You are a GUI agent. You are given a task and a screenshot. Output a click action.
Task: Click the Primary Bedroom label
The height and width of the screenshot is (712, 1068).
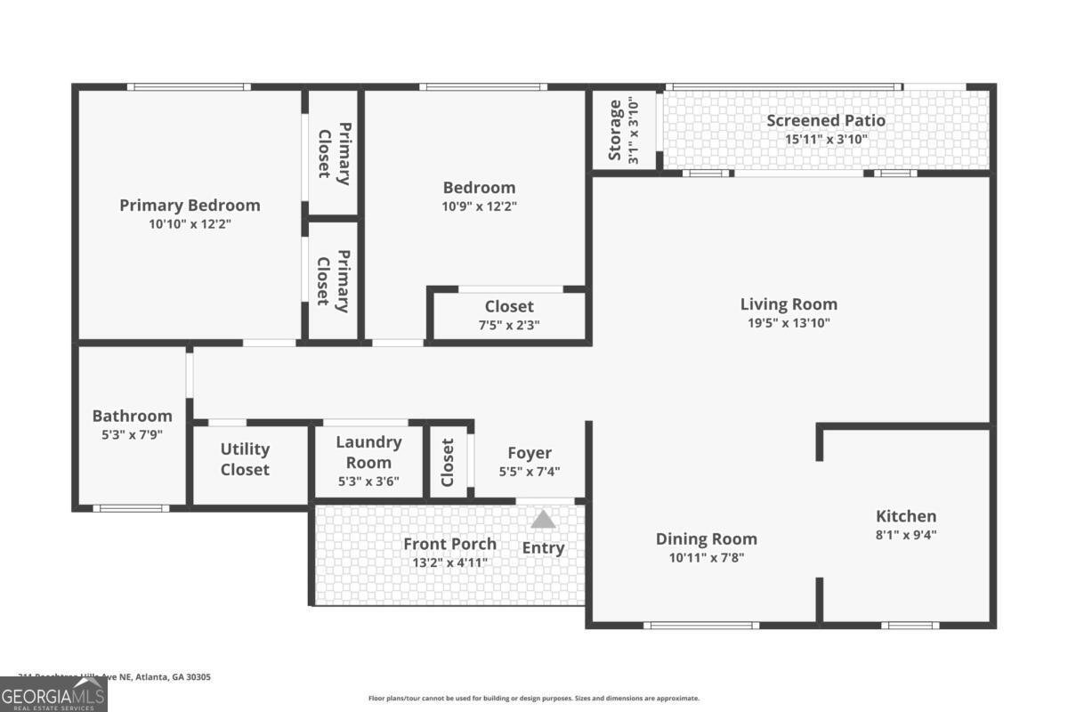coord(190,206)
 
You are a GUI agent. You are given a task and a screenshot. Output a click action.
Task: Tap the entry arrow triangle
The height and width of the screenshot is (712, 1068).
coord(543,519)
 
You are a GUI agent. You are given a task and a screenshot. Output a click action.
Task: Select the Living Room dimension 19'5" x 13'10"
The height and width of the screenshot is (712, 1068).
coord(789,323)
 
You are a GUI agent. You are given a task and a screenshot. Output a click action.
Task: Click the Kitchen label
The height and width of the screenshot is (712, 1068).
coord(906,516)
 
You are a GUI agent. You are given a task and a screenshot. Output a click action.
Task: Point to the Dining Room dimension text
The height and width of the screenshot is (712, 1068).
coord(706,558)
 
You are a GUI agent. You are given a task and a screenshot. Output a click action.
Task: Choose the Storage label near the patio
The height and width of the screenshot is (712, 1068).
coord(615,131)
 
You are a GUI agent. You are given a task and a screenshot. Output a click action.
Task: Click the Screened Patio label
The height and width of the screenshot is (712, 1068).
coord(826,120)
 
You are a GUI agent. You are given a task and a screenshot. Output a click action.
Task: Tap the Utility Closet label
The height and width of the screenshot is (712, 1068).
coord(245,459)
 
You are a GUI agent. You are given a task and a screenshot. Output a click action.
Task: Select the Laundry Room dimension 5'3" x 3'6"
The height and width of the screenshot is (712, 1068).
coord(368,481)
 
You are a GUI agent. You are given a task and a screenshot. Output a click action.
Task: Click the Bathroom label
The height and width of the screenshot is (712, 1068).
coord(132,416)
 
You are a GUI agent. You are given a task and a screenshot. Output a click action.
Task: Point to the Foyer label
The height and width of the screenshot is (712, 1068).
coord(530,453)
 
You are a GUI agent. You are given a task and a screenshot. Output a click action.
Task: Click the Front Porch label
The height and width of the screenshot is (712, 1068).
coord(449,544)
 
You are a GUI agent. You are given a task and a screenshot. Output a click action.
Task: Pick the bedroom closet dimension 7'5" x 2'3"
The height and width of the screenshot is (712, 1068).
coord(509,325)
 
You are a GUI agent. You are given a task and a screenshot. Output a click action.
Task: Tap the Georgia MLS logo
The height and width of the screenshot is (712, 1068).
coord(53,694)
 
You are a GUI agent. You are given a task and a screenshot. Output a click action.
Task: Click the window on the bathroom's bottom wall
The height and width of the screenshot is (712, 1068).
coord(131,508)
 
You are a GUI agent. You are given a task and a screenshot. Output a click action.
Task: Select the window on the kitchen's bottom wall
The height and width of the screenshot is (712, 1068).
coord(910,625)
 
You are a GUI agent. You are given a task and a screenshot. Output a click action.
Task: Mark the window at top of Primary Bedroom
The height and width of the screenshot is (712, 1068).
coord(188,86)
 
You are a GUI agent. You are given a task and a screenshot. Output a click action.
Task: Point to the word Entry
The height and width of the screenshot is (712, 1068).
coord(543,548)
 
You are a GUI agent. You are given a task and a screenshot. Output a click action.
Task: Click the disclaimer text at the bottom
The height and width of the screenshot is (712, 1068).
coord(534,699)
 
